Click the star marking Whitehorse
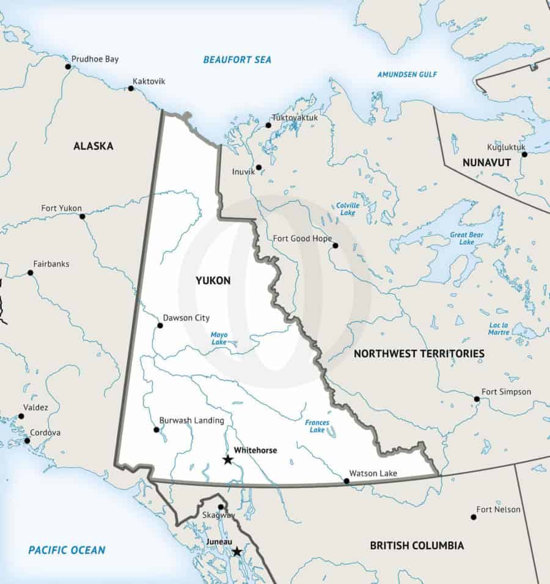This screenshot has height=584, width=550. (228, 459)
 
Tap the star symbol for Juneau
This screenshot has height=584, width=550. (237, 552)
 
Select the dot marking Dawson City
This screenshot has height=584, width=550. (160, 325)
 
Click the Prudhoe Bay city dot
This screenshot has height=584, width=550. (68, 67)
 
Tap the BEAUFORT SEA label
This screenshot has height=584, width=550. (237, 60)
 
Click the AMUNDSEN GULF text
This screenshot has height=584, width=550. (407, 75)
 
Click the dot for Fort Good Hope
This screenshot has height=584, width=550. (335, 246)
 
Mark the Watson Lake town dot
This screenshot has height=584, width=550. (346, 481)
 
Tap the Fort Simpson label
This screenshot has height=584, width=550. (506, 392)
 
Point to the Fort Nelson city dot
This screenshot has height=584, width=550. (474, 517)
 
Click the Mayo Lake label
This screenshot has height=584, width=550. (219, 338)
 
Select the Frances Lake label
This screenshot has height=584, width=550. (317, 426)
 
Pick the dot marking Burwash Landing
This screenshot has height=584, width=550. (156, 429)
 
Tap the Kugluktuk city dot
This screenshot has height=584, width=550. (524, 155)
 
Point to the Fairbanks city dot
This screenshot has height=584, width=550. (29, 272)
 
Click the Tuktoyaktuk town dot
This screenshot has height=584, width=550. (268, 125)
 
